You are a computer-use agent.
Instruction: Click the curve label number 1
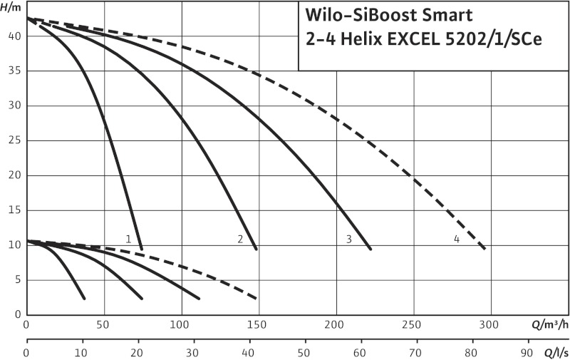(x=128, y=240)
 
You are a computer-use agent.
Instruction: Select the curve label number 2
(x=241, y=240)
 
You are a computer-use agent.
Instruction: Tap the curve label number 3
(x=349, y=240)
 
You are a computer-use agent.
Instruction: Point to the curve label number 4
(x=457, y=240)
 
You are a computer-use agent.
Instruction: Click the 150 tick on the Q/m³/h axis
(x=259, y=326)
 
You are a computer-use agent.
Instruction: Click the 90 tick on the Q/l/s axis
(x=527, y=351)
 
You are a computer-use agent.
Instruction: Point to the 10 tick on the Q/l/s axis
(x=82, y=351)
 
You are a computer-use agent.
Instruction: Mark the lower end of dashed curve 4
(x=484, y=249)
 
